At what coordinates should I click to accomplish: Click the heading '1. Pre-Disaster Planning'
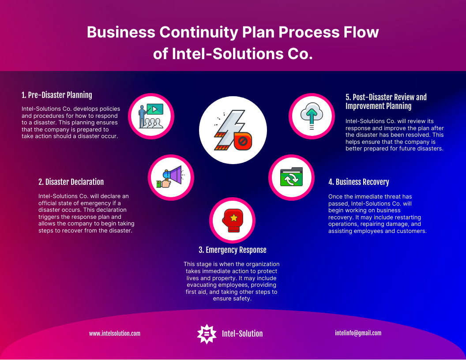point(57,95)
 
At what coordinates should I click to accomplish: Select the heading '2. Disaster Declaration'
point(71,182)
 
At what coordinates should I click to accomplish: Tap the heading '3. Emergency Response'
point(233,250)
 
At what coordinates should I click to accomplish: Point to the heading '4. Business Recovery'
point(359,182)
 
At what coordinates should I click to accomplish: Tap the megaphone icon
point(171,176)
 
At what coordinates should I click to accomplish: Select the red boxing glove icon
point(233,220)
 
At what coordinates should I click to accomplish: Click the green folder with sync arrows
point(291,177)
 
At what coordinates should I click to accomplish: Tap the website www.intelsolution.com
point(115,334)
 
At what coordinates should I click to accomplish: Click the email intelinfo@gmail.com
point(358,333)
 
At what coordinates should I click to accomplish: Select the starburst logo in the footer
point(206,334)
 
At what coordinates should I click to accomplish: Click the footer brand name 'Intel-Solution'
point(242,334)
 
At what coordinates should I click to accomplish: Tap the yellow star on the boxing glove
point(233,218)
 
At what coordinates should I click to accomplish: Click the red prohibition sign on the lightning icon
point(242,142)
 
